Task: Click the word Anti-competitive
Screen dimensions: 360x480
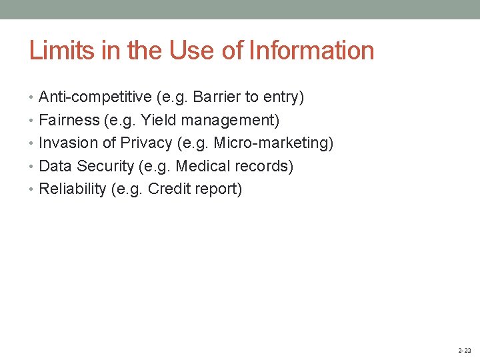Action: pyautogui.click(x=95, y=97)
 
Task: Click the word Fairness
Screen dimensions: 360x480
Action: pyautogui.click(x=66, y=121)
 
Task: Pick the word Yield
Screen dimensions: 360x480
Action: pyautogui.click(x=158, y=121)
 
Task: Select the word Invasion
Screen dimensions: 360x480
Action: pyautogui.click(x=67, y=143)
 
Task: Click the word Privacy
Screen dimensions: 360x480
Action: pyautogui.click(x=146, y=143)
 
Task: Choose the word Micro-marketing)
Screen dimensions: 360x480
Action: pyautogui.click(x=273, y=143)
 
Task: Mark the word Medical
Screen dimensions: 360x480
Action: pyautogui.click(x=200, y=166)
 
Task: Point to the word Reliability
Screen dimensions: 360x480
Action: pyautogui.click(x=73, y=189)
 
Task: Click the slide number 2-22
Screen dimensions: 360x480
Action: pyautogui.click(x=464, y=350)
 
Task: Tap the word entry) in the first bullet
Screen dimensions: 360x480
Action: pyautogui.click(x=284, y=97)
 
